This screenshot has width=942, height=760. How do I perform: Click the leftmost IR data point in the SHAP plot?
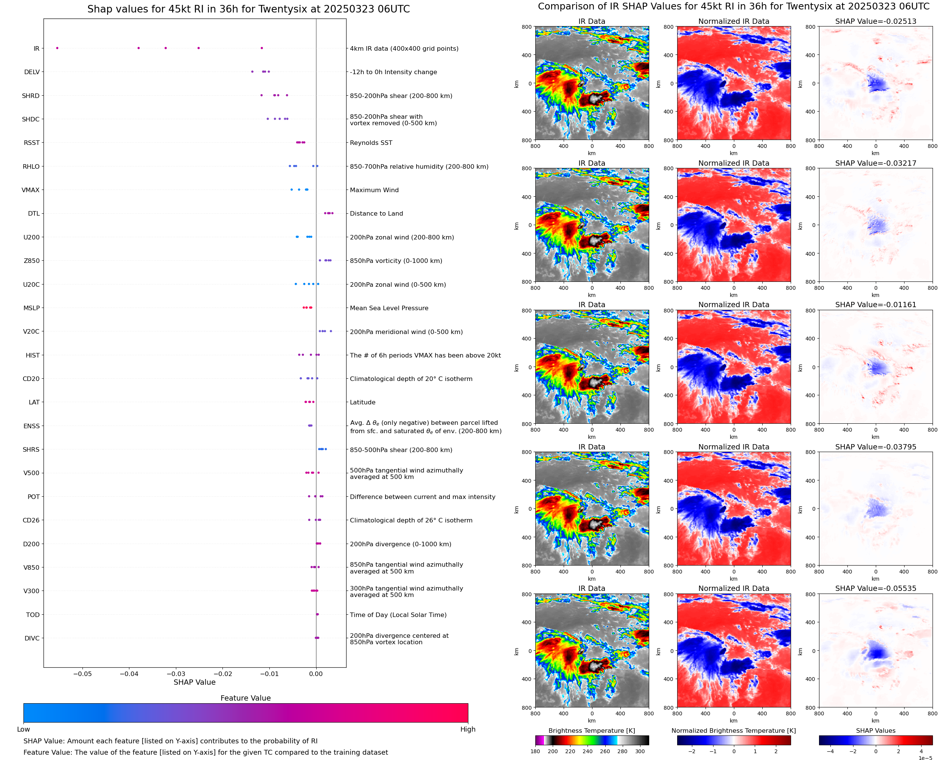57,48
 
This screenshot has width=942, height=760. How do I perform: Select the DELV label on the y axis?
31,72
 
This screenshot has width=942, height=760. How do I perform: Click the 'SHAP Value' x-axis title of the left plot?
194,682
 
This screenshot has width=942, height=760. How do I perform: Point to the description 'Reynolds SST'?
371,143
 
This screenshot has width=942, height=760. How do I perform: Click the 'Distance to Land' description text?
376,214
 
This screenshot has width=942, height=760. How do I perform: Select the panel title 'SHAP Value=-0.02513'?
875,21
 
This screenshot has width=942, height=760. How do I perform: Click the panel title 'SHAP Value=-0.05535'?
875,588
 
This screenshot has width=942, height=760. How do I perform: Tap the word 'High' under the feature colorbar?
468,729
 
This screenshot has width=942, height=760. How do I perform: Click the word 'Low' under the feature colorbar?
23,729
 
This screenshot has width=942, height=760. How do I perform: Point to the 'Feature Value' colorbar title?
246,698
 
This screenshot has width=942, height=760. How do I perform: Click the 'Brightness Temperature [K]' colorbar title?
591,730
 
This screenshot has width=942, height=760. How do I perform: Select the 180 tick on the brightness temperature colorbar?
535,751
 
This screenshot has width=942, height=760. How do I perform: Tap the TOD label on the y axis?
33,615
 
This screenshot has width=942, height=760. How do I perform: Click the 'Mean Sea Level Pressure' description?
389,308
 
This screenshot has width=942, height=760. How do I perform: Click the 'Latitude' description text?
362,403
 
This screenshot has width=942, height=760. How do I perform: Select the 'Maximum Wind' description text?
374,190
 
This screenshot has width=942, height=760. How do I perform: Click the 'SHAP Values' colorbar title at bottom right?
875,730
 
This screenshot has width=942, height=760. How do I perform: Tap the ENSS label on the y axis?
31,426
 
